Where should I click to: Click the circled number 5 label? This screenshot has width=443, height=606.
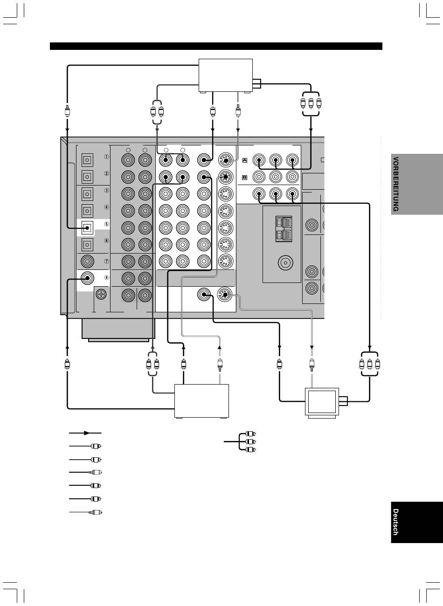pyautogui.click(x=107, y=224)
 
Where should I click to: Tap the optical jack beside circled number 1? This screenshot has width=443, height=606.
pyautogui.click(x=87, y=160)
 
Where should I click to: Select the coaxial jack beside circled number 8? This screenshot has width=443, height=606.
pyautogui.click(x=87, y=278)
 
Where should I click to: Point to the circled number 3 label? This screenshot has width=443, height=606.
pyautogui.click(x=107, y=191)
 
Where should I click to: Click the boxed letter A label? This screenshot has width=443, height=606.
pyautogui.click(x=245, y=160)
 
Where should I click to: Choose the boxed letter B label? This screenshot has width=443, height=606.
pyautogui.click(x=245, y=178)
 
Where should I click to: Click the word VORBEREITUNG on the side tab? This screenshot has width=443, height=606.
pyautogui.click(x=395, y=184)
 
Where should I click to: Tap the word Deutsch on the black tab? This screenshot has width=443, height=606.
pyautogui.click(x=395, y=522)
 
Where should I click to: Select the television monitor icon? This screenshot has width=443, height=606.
pyautogui.click(x=322, y=403)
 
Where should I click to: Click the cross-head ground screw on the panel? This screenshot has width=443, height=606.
pyautogui.click(x=101, y=294)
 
